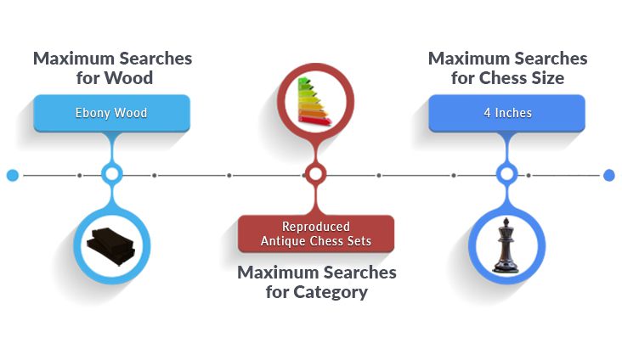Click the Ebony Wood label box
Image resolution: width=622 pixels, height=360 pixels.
click(110, 113)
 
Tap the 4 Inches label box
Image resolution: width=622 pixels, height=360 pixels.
click(506, 113)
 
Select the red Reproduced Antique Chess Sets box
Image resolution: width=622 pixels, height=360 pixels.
click(316, 233)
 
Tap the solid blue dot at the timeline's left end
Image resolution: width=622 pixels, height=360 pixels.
click(12, 176)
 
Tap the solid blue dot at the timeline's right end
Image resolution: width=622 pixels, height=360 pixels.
click(608, 176)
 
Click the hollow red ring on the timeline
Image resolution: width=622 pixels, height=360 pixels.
click(315, 176)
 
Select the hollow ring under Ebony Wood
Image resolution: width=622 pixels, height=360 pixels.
click(110, 176)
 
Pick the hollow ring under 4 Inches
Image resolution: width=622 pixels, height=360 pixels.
click(506, 176)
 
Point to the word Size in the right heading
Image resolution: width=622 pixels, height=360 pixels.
click(546, 79)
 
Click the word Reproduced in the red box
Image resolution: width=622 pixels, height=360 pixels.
click(316, 227)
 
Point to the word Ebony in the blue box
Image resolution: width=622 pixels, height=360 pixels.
click(92, 113)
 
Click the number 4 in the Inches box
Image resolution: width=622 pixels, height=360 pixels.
click(487, 113)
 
